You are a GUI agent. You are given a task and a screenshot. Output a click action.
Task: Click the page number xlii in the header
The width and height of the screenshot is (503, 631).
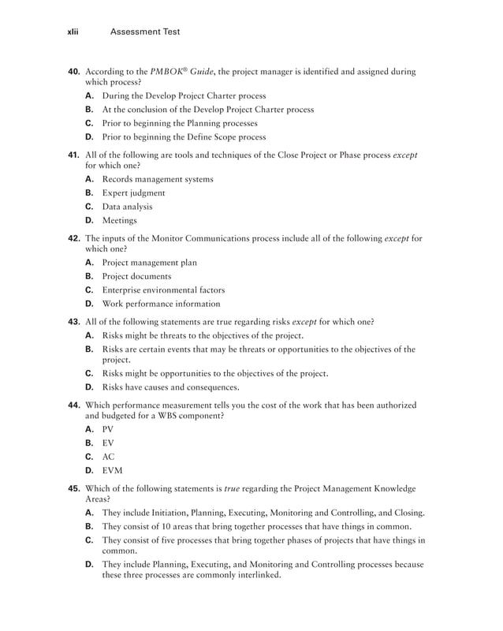(75, 32)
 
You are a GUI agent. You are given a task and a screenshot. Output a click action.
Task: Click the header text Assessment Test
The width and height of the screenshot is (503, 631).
(145, 32)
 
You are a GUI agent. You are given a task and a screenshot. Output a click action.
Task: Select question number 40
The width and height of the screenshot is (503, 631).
(74, 72)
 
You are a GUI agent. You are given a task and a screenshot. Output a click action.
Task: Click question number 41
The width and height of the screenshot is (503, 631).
(74, 155)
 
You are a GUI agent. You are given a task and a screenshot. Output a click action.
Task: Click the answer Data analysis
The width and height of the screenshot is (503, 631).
(128, 207)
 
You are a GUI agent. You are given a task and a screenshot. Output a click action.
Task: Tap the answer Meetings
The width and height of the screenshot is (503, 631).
(120, 221)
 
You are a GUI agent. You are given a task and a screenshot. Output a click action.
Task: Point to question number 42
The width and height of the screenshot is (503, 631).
(74, 238)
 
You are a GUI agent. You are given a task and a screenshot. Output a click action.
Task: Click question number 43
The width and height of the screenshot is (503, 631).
(74, 321)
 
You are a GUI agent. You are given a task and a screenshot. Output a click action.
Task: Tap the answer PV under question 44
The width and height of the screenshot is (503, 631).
(109, 429)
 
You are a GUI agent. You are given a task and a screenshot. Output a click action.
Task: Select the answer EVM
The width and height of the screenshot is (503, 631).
(112, 471)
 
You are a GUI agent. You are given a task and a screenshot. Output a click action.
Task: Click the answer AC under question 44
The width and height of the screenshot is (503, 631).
(109, 457)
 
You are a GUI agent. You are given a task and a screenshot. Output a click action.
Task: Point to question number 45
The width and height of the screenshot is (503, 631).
(74, 488)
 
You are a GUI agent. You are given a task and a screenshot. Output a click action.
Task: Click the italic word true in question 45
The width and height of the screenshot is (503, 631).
(232, 488)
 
